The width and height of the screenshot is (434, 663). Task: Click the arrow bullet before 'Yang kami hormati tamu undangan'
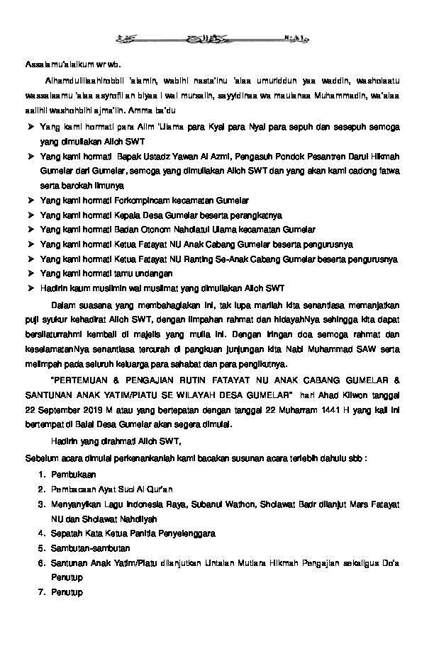coord(30,273)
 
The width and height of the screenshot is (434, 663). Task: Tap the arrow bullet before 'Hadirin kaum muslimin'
coord(30,288)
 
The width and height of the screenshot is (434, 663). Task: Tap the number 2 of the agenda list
coord(41,489)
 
